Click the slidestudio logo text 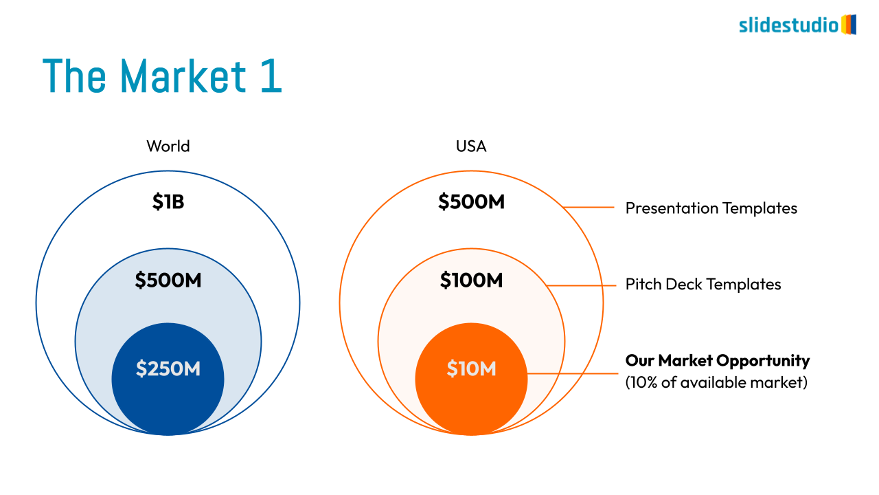789,25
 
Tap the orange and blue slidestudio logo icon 849,24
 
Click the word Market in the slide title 183,76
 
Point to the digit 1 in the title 272,76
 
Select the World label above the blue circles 168,146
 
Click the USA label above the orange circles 471,146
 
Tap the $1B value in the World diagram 168,201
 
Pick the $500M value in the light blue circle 168,280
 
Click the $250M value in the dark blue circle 168,368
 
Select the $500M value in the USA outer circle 471,201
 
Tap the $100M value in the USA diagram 471,280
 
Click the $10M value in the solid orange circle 471,368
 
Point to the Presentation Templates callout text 711,208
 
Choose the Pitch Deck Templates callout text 703,284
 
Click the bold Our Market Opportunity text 718,361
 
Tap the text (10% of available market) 716,382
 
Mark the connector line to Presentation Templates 589,207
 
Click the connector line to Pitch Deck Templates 581,285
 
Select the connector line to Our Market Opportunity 573,373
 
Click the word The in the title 74,76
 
